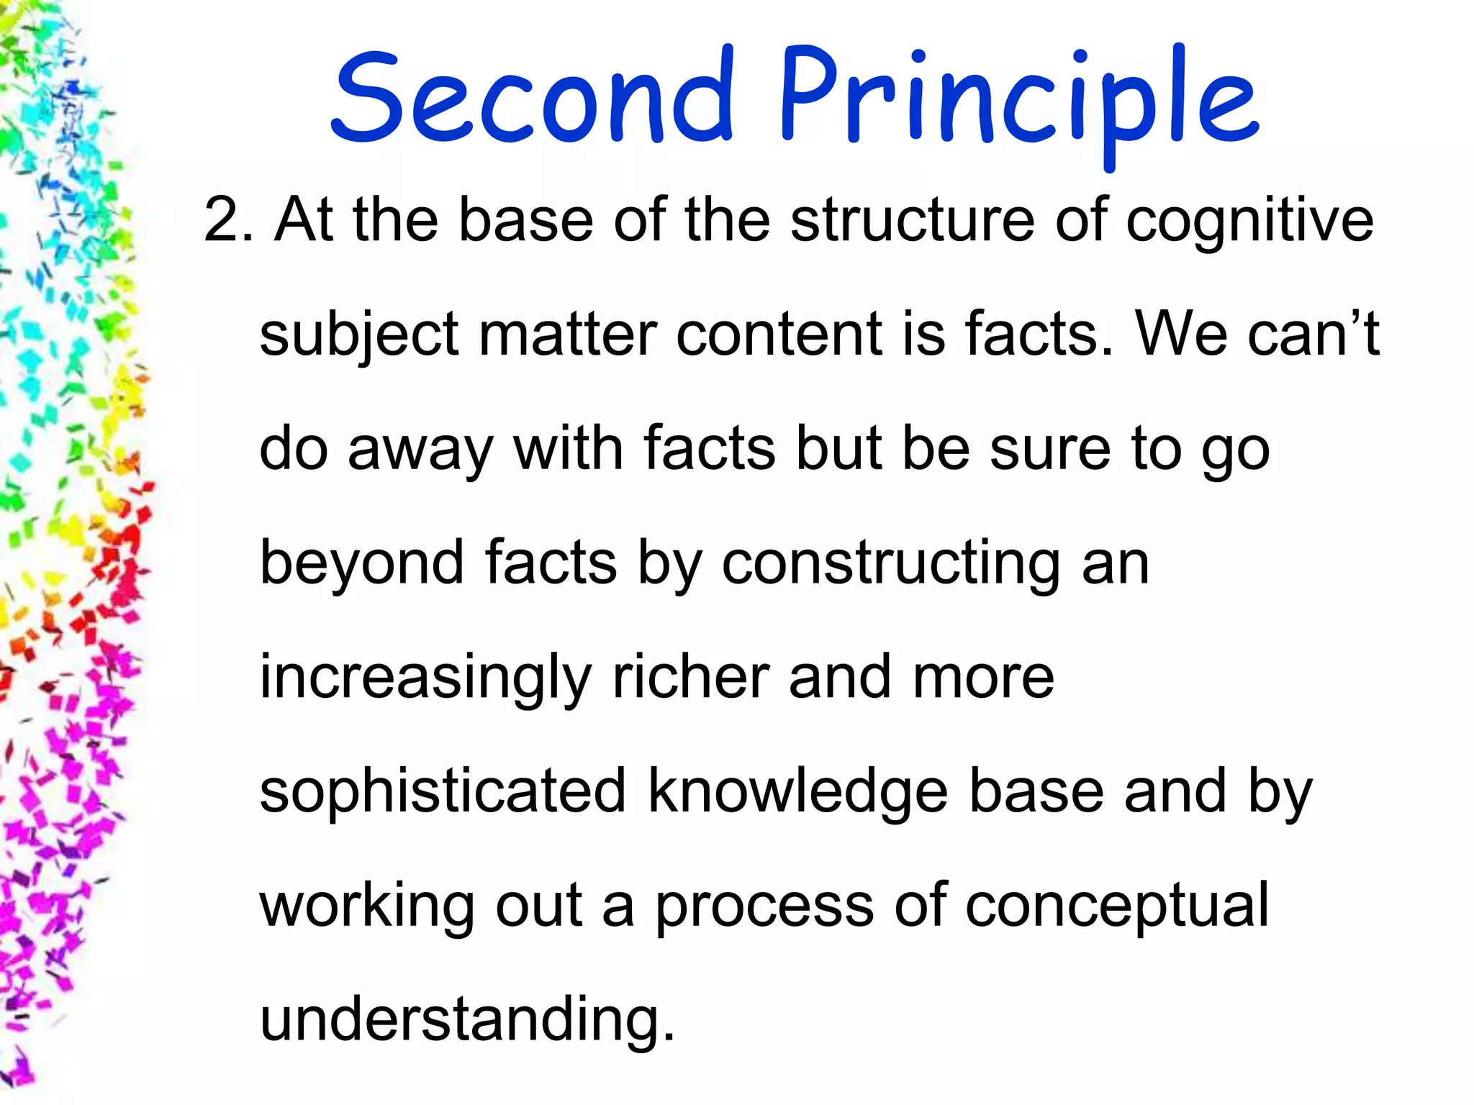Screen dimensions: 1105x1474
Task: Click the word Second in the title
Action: (x=533, y=97)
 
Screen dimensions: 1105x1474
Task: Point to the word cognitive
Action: (x=1249, y=222)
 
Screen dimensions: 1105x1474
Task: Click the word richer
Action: (x=689, y=678)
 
